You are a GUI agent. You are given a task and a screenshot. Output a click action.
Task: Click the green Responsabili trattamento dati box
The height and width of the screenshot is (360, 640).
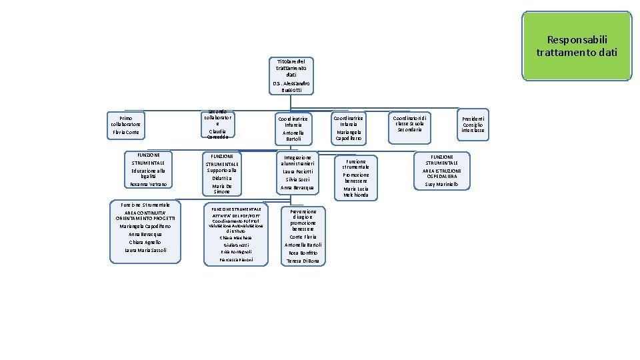(x=577, y=46)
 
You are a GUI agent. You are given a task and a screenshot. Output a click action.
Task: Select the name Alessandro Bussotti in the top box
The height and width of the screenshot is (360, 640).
(x=291, y=86)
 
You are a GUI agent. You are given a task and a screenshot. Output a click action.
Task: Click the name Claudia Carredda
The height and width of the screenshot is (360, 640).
(x=217, y=134)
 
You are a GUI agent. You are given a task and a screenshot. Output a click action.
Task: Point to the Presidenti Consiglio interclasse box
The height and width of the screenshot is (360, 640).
(x=473, y=125)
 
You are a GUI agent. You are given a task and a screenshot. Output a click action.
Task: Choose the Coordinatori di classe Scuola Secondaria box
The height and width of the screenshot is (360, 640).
(x=409, y=123)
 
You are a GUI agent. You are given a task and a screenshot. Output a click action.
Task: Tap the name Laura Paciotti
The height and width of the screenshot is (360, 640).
(x=293, y=171)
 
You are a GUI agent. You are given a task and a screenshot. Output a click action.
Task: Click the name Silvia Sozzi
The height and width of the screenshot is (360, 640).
(x=293, y=179)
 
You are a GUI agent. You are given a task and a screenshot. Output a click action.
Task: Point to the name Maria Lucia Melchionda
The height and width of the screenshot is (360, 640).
(x=355, y=192)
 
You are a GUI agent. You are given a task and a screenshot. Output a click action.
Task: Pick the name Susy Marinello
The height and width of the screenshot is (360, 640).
(x=442, y=184)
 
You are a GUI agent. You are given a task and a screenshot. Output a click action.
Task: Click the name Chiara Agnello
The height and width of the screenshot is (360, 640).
(x=145, y=242)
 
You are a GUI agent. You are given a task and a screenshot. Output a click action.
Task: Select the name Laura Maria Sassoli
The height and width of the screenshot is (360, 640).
(x=145, y=250)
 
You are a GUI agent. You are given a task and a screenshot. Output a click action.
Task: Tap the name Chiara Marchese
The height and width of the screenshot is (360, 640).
(x=236, y=237)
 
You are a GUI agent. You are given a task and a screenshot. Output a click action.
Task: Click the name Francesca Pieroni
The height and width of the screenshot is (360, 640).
(x=236, y=259)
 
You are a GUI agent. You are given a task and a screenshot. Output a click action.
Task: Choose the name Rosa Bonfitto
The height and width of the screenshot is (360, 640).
(x=303, y=253)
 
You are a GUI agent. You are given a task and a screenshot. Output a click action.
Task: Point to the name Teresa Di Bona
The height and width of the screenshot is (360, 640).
(x=303, y=261)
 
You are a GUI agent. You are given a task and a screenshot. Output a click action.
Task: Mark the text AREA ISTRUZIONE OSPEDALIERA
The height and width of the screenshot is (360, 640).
(x=442, y=173)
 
